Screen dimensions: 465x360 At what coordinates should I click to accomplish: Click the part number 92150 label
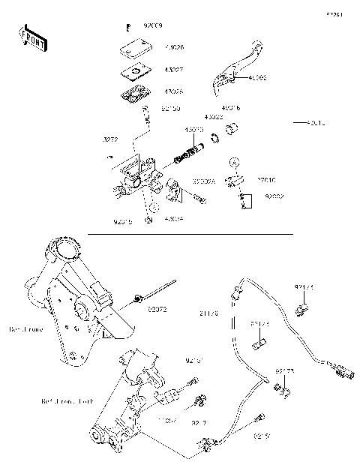[171, 109]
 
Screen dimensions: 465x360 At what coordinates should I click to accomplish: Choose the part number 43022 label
[214, 117]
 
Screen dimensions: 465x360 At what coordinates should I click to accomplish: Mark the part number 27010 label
[267, 181]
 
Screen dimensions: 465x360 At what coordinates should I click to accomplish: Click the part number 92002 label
[273, 196]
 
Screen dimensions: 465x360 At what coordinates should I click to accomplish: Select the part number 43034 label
[174, 219]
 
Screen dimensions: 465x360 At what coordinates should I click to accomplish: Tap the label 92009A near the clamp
[204, 181]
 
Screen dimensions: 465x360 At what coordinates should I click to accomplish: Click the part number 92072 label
[156, 308]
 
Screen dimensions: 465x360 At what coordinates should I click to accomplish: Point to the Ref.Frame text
[27, 328]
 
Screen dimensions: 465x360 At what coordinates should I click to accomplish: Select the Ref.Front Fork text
[67, 403]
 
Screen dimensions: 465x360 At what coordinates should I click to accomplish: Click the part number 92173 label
[284, 371]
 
